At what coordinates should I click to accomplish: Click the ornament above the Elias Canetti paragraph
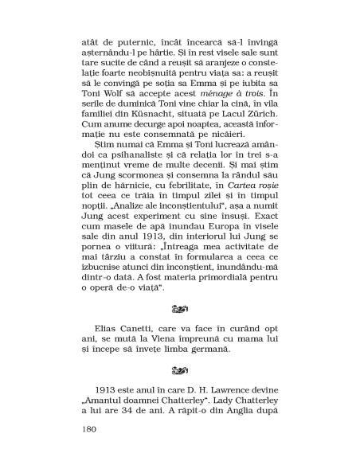[x=180, y=325]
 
